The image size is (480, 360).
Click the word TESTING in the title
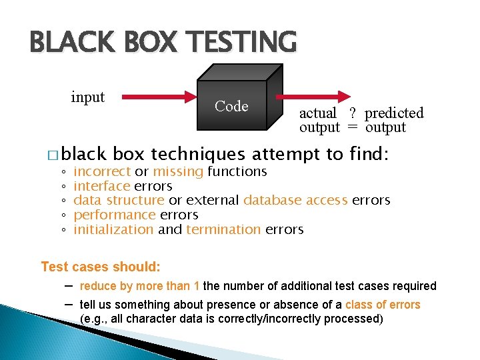(x=242, y=41)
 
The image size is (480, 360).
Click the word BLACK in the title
(x=61, y=41)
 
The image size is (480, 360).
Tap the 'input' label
(x=87, y=97)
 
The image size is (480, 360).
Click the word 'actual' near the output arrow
(x=318, y=113)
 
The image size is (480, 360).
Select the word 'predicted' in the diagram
(x=394, y=113)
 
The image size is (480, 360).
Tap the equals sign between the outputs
(x=352, y=127)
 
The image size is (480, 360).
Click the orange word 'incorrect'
(x=102, y=172)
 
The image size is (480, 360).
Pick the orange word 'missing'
(x=178, y=172)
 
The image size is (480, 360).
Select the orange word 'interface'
(x=101, y=187)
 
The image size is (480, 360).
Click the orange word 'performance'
(x=114, y=215)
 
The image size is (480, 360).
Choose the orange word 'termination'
(x=223, y=230)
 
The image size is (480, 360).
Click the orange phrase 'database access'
(x=295, y=201)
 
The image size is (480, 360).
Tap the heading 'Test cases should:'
(x=101, y=267)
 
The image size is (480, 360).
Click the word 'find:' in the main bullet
(x=369, y=155)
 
